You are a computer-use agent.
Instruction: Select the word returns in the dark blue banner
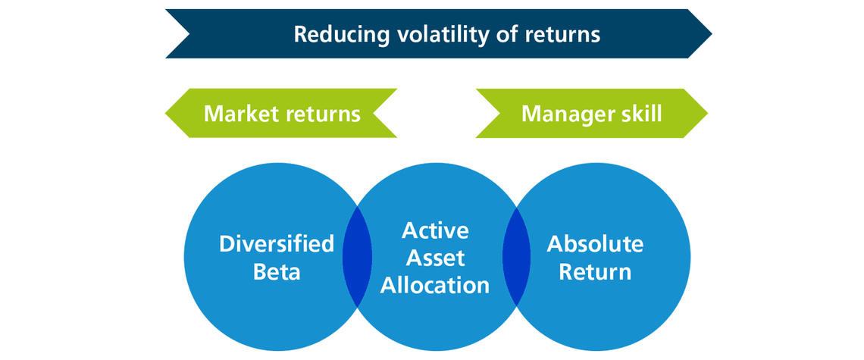click(562, 34)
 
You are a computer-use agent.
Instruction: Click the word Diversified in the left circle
click(277, 244)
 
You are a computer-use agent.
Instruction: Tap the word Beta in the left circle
click(277, 271)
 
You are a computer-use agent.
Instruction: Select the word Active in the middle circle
click(435, 230)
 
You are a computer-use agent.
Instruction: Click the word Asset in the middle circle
click(435, 258)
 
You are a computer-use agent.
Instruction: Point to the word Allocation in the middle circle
click(435, 285)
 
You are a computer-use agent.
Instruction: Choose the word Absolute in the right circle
click(595, 244)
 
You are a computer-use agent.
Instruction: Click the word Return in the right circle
click(595, 271)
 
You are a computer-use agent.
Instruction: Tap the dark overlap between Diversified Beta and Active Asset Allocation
click(357, 258)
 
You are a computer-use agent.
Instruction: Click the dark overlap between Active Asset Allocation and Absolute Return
click(516, 258)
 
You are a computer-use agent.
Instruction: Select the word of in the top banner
click(499, 34)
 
